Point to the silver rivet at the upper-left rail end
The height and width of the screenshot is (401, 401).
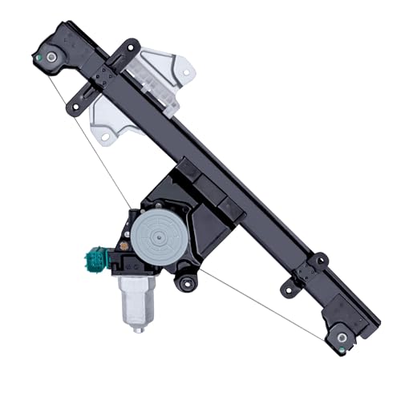tap(51, 57)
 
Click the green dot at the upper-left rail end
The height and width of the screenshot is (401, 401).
tap(38, 59)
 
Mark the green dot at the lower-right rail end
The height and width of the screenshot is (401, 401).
tap(342, 349)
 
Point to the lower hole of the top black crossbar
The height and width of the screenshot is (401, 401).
tap(76, 105)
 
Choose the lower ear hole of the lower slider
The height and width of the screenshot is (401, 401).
tap(287, 288)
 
